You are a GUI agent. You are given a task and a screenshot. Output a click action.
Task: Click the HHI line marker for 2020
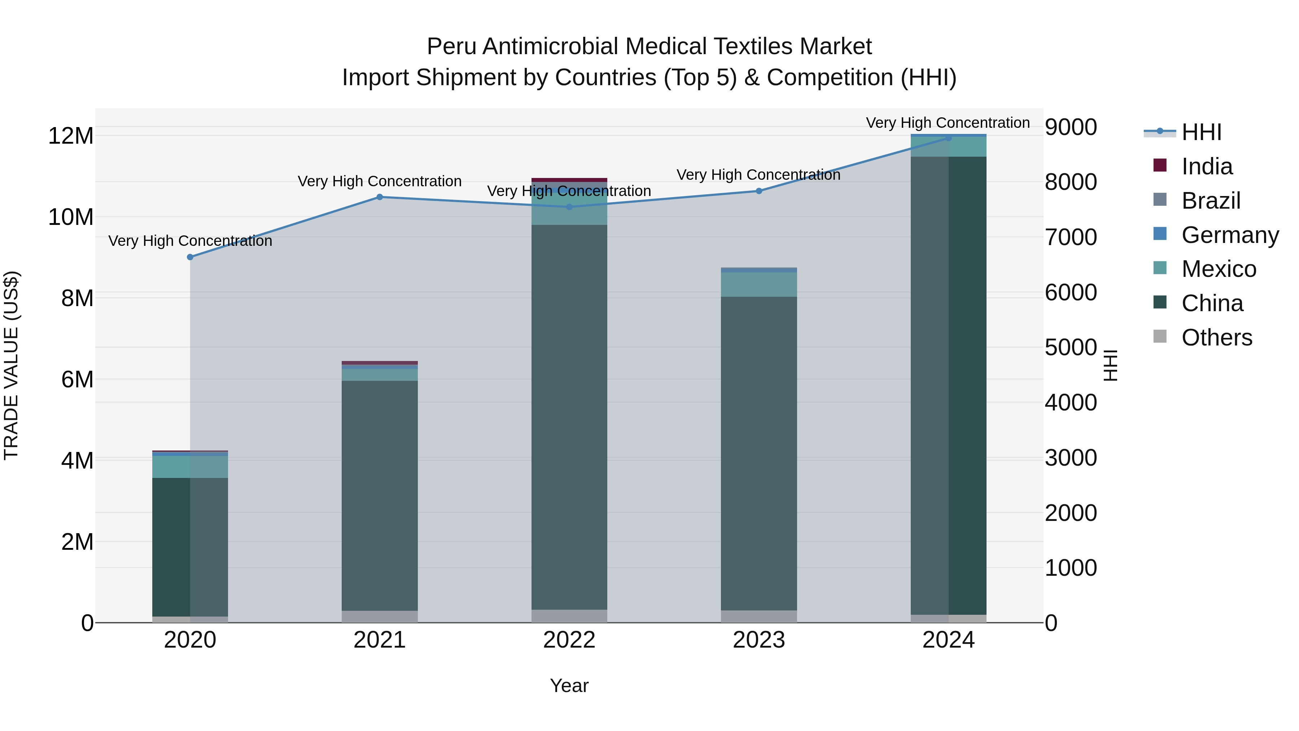click(190, 257)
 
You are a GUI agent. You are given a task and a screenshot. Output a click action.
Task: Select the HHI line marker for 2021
click(380, 197)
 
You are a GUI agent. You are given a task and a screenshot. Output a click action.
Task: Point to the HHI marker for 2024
click(949, 138)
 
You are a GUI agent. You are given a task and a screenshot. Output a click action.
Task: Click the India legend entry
click(1207, 166)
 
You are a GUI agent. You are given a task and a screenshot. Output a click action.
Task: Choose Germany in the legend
click(1230, 235)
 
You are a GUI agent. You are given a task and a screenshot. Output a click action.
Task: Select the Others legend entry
click(1216, 338)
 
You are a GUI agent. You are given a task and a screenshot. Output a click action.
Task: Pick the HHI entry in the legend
click(1201, 132)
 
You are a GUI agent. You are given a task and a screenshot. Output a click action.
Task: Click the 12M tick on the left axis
click(71, 136)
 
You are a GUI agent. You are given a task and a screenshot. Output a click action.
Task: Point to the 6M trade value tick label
click(77, 379)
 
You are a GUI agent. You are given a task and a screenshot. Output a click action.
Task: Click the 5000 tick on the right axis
click(1071, 348)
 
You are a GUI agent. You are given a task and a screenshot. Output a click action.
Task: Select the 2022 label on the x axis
click(569, 640)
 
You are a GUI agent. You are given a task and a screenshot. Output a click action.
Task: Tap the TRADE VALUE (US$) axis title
click(11, 365)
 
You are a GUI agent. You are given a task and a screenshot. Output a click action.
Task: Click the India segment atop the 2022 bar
click(569, 180)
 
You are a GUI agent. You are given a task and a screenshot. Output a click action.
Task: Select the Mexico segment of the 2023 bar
click(759, 284)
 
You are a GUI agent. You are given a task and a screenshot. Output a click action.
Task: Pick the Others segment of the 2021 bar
click(380, 617)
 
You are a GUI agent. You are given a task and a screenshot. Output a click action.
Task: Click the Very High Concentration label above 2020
click(190, 241)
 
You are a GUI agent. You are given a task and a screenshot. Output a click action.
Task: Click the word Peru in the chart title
click(451, 47)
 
